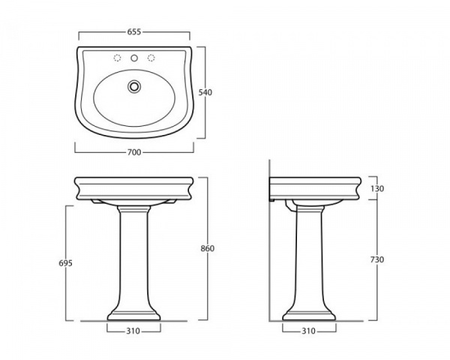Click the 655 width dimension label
click(x=134, y=31)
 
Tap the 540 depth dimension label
click(x=205, y=92)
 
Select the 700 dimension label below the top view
click(x=134, y=152)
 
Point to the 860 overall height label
click(x=207, y=248)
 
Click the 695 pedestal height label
click(x=66, y=263)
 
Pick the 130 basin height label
click(x=376, y=188)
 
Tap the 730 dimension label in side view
click(x=376, y=259)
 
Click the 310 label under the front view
click(x=133, y=331)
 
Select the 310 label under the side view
click(x=308, y=331)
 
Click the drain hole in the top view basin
click(x=134, y=86)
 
